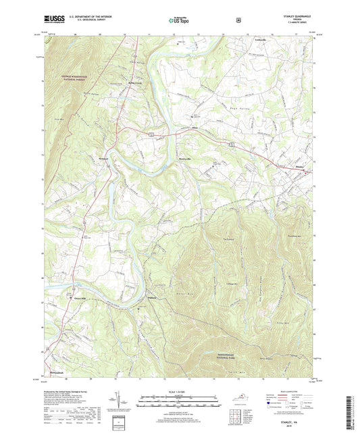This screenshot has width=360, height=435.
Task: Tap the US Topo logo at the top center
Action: point(179,20)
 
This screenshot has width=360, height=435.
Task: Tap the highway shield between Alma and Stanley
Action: point(230,144)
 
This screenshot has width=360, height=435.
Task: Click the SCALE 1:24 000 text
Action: point(179,393)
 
